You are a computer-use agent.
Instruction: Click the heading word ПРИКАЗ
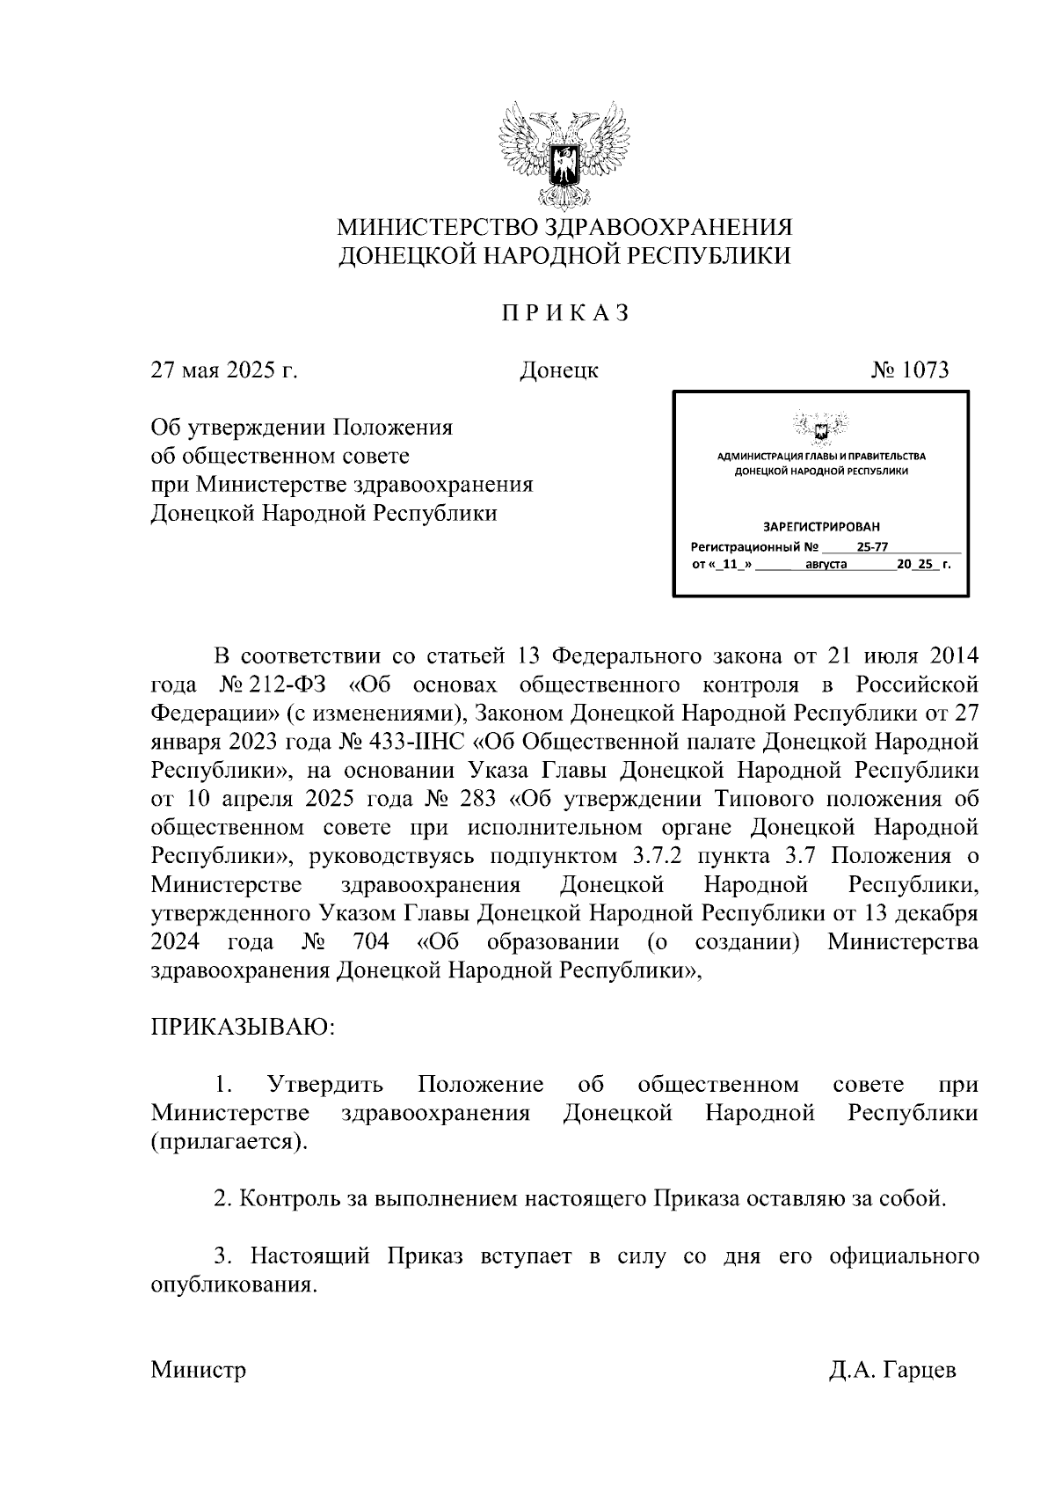[564, 313]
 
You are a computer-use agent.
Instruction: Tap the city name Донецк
[559, 370]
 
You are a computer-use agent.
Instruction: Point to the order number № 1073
[910, 370]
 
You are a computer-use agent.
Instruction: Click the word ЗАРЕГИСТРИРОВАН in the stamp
[820, 527]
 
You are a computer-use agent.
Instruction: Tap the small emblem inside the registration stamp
[820, 428]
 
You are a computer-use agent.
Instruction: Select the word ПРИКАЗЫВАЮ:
[244, 1028]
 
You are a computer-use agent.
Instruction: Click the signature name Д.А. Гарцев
[891, 1371]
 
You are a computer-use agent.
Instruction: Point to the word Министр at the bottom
[199, 1371]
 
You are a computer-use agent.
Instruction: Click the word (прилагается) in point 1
[230, 1142]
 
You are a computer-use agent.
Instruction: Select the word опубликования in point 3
[233, 1284]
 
